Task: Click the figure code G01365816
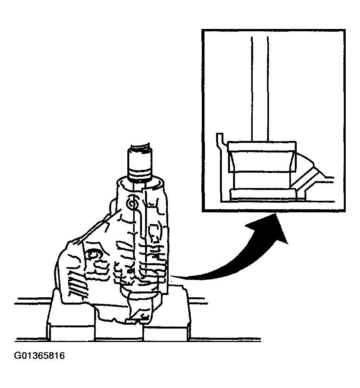pyautogui.click(x=40, y=356)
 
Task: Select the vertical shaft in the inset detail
pyautogui.click(x=260, y=89)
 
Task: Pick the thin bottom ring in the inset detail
pyautogui.click(x=263, y=195)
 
